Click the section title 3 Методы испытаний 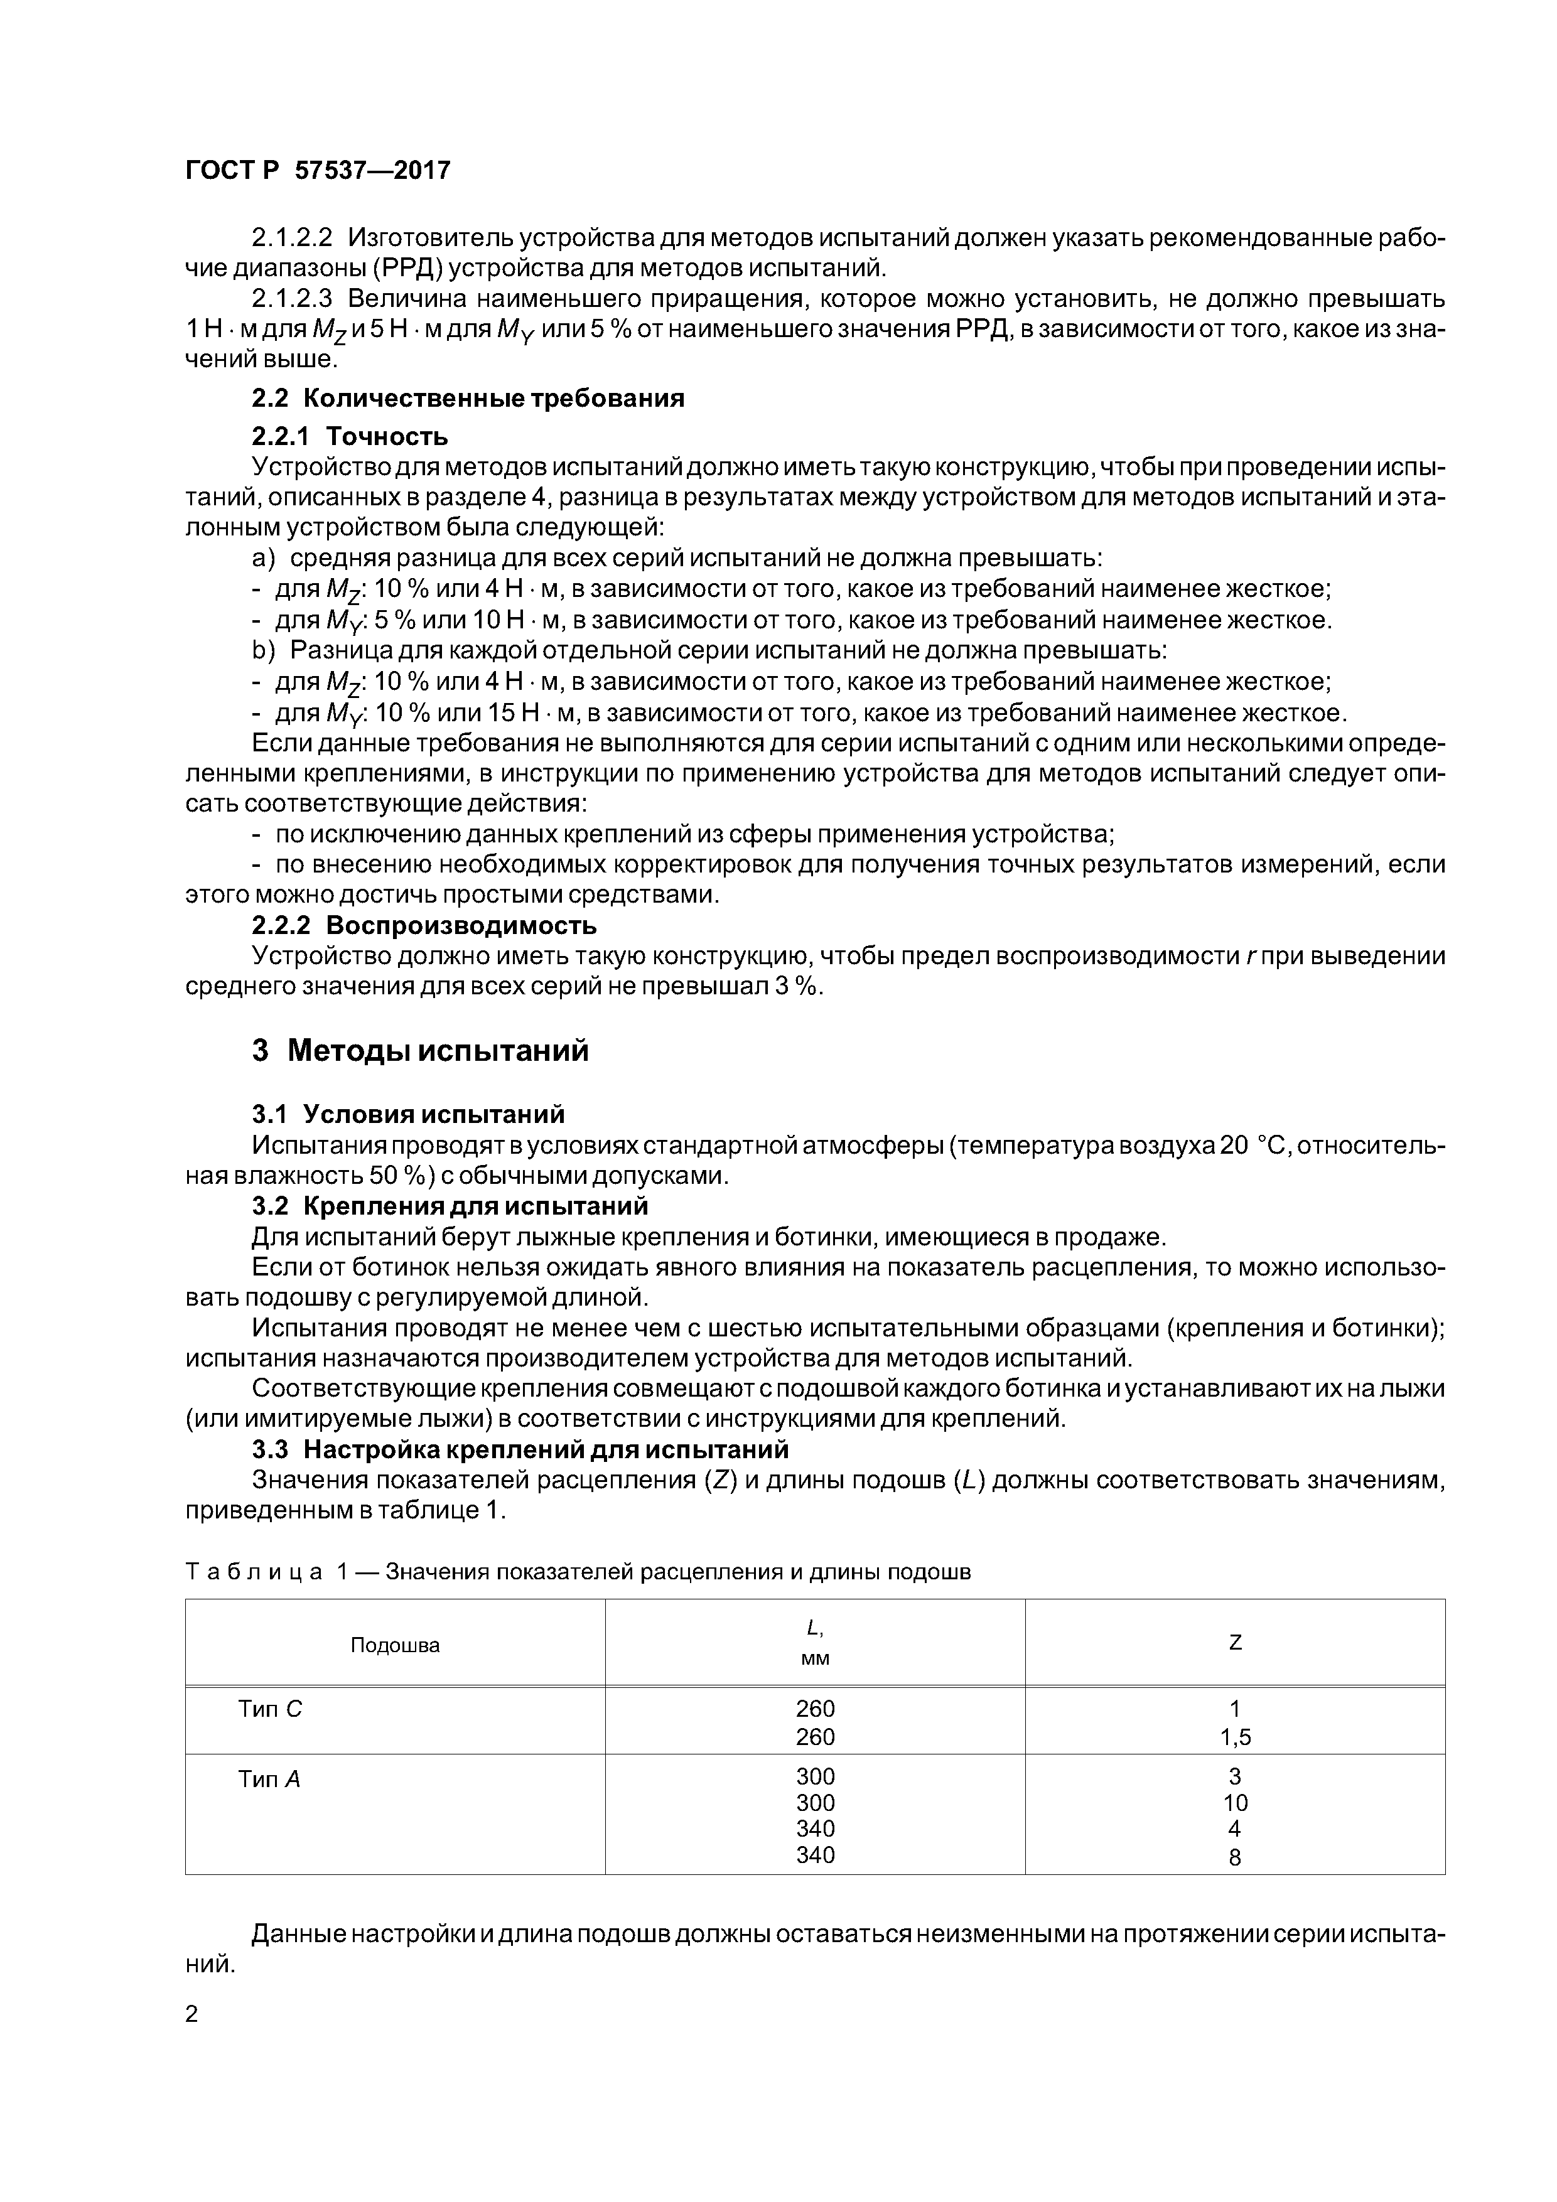[x=420, y=1051]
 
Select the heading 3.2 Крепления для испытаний [x=450, y=1206]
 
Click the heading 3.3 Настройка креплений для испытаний [x=520, y=1449]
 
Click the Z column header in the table [x=1235, y=1643]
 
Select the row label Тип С [x=269, y=1709]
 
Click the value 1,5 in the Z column [x=1235, y=1737]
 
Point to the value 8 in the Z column [x=1235, y=1857]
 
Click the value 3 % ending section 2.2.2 [x=802, y=987]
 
